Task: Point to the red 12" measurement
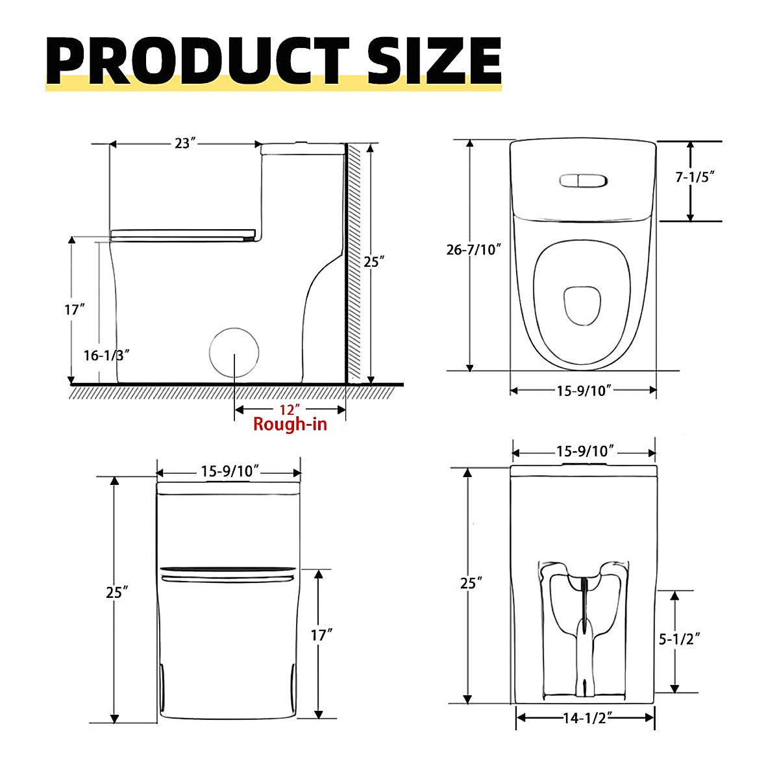[x=290, y=410]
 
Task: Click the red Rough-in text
[x=290, y=425]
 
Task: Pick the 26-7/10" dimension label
[x=474, y=249]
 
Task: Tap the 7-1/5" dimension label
[x=695, y=177]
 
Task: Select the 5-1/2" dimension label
[x=680, y=639]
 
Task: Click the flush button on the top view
[x=583, y=180]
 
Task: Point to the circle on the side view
[x=234, y=353]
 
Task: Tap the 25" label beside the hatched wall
[x=374, y=262]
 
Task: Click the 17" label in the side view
[x=75, y=310]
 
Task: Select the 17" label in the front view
[x=321, y=635]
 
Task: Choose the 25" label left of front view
[x=117, y=592]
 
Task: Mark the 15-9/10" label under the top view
[x=584, y=390]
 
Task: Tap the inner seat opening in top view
[x=582, y=305]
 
